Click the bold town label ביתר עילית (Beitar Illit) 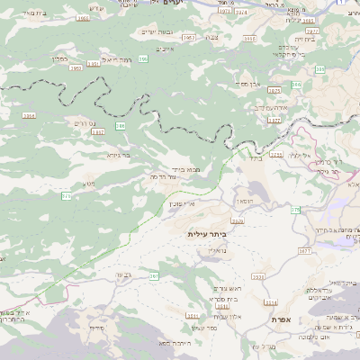[x=207, y=234]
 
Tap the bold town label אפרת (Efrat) [x=279, y=319]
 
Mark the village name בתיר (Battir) [x=253, y=159]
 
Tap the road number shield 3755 [x=275, y=155]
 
